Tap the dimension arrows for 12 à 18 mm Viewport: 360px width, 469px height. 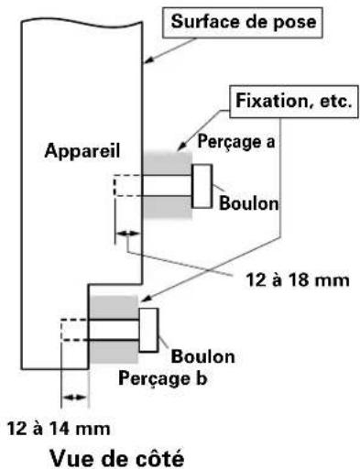[122, 236]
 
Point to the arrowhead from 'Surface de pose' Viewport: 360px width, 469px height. [147, 63]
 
